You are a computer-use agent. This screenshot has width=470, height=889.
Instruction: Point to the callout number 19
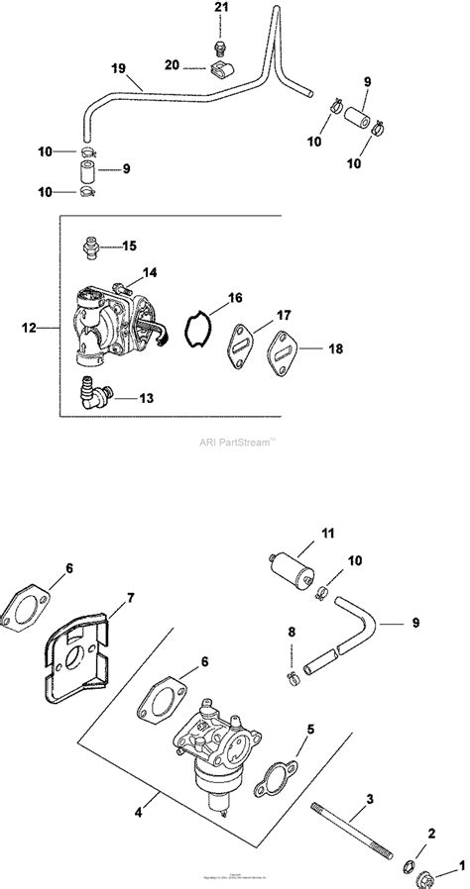tap(118, 69)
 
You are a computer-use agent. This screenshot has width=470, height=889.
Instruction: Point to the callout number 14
tap(150, 271)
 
